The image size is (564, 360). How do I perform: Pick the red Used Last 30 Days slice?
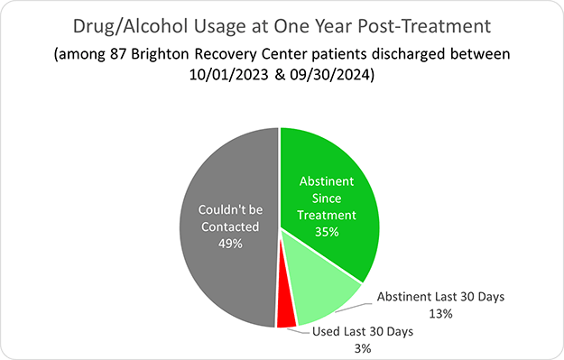[286, 315]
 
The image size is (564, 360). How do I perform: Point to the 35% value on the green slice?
[328, 232]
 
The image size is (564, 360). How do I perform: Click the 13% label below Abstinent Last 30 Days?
[440, 313]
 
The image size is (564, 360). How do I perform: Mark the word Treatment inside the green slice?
[328, 215]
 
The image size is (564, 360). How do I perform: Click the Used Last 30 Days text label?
[362, 331]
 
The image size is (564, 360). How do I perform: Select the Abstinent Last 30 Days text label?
[440, 296]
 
